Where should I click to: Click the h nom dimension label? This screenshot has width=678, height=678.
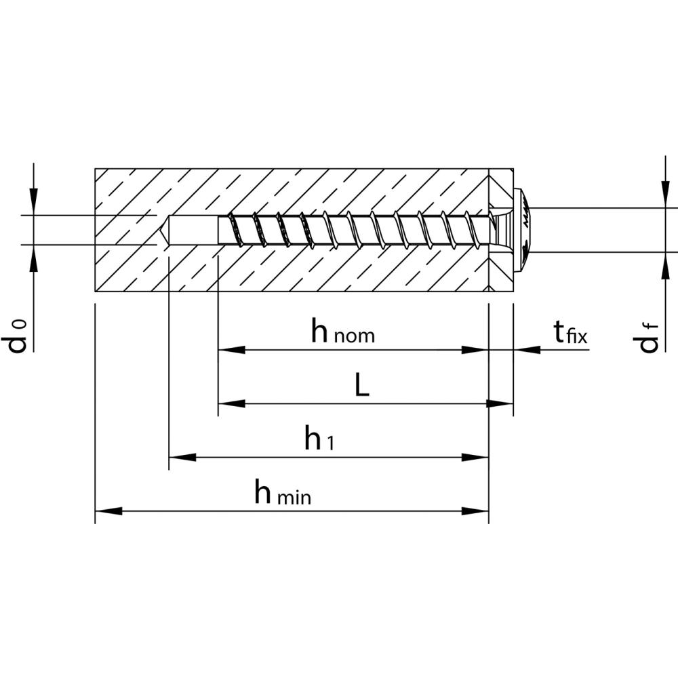(343, 332)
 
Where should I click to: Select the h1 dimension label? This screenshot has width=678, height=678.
(319, 437)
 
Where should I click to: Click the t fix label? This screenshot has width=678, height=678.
(571, 332)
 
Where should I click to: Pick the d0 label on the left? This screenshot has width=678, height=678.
(18, 337)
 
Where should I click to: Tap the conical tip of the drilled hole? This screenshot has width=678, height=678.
(163, 230)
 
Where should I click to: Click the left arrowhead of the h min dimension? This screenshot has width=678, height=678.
(108, 511)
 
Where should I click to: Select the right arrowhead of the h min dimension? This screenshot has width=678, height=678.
(475, 511)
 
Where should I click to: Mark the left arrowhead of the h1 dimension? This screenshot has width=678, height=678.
(182, 458)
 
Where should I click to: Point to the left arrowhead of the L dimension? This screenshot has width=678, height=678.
(231, 404)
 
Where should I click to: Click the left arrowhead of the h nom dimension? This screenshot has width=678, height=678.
(231, 350)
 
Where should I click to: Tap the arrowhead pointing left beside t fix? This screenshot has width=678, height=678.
(527, 350)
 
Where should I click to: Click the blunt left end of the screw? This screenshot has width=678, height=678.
(219, 230)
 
